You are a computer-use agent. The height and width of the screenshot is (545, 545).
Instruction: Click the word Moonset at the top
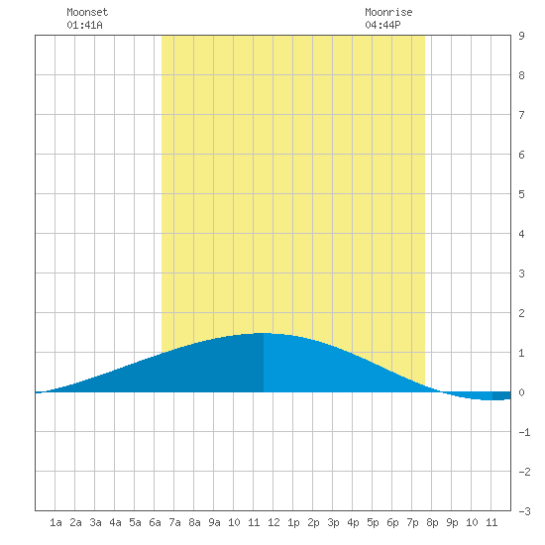click(x=87, y=12)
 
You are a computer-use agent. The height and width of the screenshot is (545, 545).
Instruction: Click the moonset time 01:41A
click(x=84, y=25)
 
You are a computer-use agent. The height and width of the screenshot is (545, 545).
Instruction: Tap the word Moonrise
click(x=388, y=12)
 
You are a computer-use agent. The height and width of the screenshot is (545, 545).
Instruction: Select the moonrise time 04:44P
click(x=382, y=25)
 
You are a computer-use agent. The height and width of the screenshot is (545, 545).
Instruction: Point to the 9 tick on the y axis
click(x=521, y=36)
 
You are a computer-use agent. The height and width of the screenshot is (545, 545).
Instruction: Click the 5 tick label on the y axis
click(x=521, y=194)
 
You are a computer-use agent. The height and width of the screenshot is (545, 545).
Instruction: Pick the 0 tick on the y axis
click(x=521, y=392)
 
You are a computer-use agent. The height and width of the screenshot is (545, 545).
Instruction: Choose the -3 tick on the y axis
click(x=524, y=511)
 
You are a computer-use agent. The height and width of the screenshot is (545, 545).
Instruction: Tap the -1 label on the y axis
click(x=524, y=432)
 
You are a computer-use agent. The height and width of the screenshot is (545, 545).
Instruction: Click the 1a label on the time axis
click(x=55, y=522)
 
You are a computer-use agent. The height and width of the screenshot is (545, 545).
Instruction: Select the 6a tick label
click(x=155, y=522)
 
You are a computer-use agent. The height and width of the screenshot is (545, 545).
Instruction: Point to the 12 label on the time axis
click(x=273, y=522)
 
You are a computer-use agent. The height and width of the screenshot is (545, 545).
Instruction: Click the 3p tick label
click(x=333, y=522)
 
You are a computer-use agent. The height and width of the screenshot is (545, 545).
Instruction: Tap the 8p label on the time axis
click(x=432, y=522)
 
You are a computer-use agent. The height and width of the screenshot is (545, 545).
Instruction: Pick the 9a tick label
click(x=214, y=522)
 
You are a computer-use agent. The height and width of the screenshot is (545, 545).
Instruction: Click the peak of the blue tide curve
click(x=264, y=333)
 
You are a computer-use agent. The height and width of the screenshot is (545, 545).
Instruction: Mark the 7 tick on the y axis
click(x=521, y=115)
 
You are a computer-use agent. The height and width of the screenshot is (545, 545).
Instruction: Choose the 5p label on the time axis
click(x=373, y=522)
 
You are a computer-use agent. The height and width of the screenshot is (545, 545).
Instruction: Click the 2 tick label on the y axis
click(x=521, y=313)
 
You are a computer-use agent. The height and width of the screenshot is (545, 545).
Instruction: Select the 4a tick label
click(x=115, y=522)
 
